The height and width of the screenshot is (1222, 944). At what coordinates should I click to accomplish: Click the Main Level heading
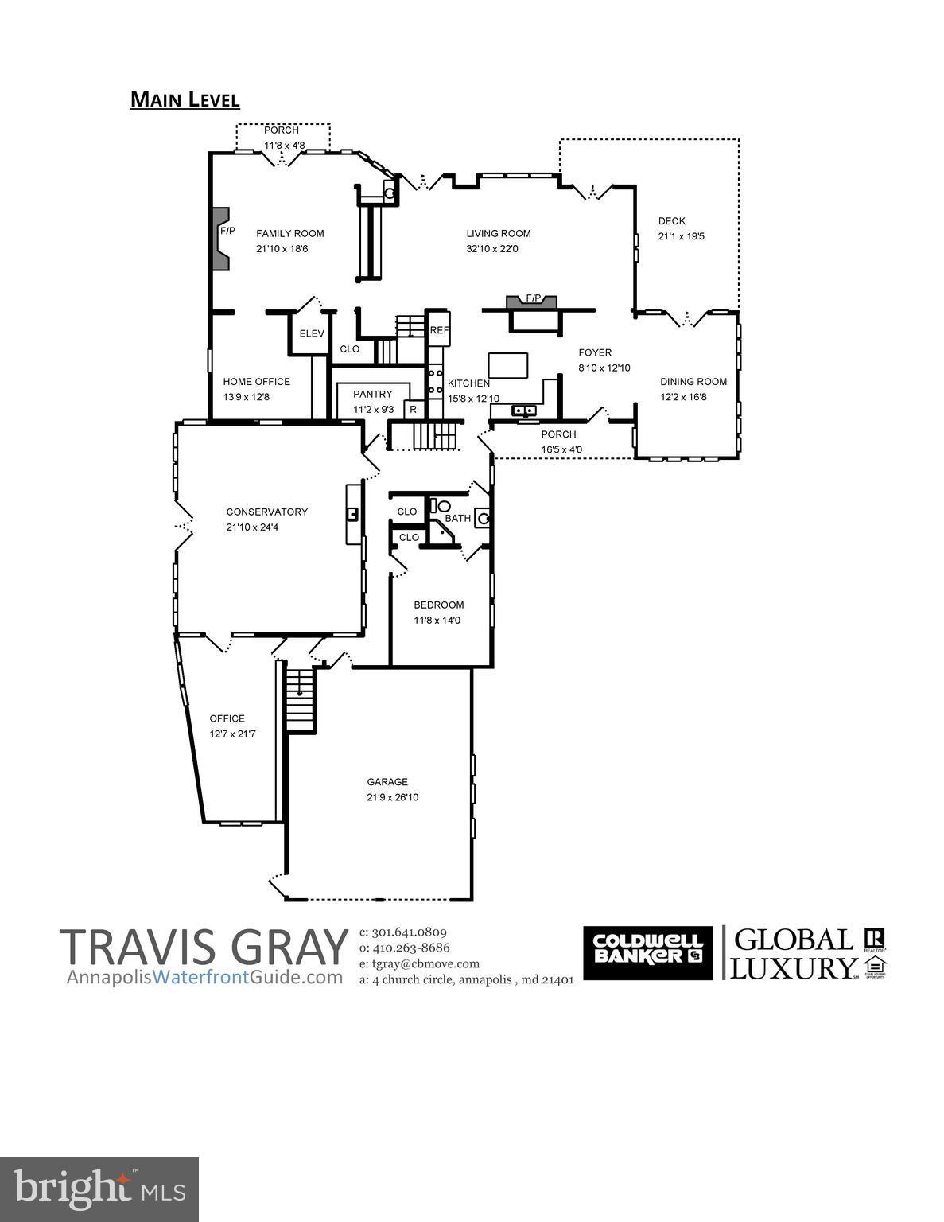click(x=185, y=99)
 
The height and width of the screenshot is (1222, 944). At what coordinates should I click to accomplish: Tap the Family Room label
click(x=289, y=233)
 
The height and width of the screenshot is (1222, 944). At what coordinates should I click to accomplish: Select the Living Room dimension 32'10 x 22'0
click(x=499, y=249)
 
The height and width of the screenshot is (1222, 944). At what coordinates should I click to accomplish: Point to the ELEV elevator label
click(x=312, y=333)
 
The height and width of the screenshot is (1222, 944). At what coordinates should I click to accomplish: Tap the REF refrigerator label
click(x=439, y=330)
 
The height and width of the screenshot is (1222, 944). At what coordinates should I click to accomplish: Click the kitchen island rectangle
click(x=507, y=365)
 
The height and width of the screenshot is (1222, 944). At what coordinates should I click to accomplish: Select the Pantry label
click(x=373, y=395)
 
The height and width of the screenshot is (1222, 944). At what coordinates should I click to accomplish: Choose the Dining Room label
click(x=693, y=382)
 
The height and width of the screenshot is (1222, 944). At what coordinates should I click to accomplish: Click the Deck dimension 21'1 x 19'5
click(x=682, y=236)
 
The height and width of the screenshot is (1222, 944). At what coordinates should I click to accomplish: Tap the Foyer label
click(x=595, y=352)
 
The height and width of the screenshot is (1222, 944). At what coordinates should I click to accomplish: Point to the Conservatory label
click(x=266, y=512)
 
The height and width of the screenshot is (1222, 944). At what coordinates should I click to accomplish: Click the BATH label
click(x=457, y=518)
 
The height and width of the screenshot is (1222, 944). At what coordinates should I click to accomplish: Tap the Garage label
click(x=387, y=782)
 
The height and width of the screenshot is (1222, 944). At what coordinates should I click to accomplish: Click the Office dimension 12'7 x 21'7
click(x=232, y=734)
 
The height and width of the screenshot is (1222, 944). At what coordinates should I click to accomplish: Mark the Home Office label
click(x=256, y=382)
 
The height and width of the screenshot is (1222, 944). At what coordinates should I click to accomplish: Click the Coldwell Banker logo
click(x=647, y=952)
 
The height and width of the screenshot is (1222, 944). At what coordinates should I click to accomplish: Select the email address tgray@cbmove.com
click(x=419, y=963)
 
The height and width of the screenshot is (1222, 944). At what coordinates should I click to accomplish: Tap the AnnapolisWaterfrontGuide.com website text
click(x=205, y=977)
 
